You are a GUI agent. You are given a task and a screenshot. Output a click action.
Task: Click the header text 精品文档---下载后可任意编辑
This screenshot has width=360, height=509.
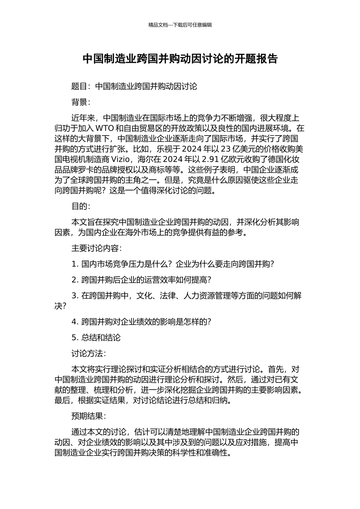coord(180,25)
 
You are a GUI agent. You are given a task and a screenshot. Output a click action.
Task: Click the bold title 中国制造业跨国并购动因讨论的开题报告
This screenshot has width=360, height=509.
coord(180,59)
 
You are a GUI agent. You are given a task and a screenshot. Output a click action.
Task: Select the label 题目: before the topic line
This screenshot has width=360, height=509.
coord(81,86)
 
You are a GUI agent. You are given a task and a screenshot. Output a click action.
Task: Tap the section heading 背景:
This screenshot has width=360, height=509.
coord(81,102)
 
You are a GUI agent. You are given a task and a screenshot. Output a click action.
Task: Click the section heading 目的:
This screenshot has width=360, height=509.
coord(81,206)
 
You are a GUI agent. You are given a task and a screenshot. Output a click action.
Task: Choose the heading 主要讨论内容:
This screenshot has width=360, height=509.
coord(96,248)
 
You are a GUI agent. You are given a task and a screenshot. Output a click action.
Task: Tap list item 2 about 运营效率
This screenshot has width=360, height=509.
coord(141,280)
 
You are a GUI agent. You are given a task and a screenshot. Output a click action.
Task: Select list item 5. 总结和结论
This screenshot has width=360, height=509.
coord(96,338)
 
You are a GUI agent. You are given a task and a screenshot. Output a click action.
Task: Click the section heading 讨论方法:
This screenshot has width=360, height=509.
coord(89,354)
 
